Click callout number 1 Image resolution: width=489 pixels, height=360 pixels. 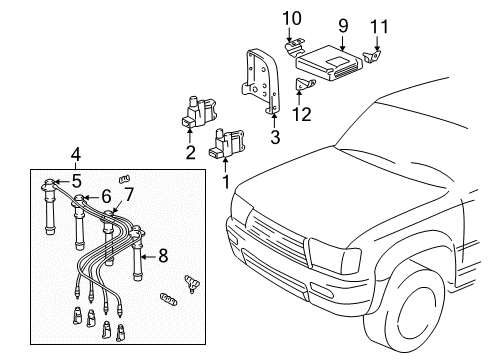click(x=225, y=180)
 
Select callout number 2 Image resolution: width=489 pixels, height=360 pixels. click(x=189, y=152)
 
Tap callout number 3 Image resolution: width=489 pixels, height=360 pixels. click(x=274, y=136)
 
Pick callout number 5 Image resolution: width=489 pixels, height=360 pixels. click(x=75, y=181)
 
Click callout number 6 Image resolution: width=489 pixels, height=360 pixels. click(x=104, y=198)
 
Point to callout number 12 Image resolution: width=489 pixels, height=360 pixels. click(x=302, y=114)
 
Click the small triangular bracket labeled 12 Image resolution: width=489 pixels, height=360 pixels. click(x=302, y=87)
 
